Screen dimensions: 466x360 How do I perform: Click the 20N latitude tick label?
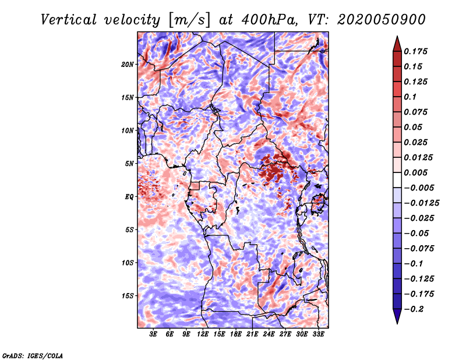[x=128, y=65]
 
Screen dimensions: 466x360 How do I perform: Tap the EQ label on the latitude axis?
[x=129, y=197]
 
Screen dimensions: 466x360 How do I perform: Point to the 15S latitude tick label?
[x=128, y=296]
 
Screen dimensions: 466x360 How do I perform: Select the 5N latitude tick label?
[x=129, y=164]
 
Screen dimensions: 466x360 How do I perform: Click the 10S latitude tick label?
[x=128, y=263]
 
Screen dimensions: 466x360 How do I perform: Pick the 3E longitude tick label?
[x=153, y=334]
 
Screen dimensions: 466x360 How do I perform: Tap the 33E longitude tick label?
[x=318, y=334]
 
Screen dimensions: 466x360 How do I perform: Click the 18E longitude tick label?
[x=236, y=334]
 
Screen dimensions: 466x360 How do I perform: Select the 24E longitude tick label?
[x=269, y=334]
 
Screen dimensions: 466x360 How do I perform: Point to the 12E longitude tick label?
[x=203, y=334]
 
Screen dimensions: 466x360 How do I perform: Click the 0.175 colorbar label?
[x=415, y=51]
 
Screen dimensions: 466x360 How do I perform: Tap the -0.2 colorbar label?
[x=414, y=309]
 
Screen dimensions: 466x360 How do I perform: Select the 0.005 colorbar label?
[x=415, y=172]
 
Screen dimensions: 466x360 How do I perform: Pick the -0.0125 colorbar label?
[x=421, y=203]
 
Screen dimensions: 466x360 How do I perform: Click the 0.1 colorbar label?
[x=410, y=97]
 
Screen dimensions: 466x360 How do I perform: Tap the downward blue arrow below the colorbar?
[x=397, y=315]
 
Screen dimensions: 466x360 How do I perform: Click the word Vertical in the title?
[x=69, y=20]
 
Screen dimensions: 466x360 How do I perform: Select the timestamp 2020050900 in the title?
[x=382, y=20]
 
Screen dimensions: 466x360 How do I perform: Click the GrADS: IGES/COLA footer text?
[x=33, y=356]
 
